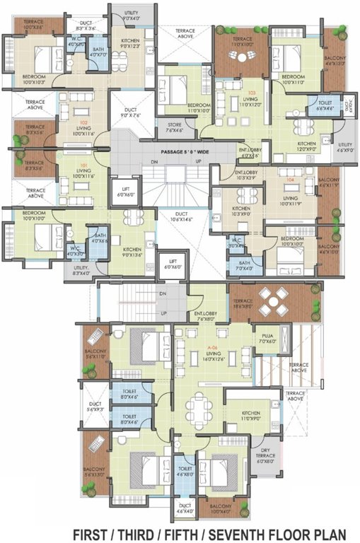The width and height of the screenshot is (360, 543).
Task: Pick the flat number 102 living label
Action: (x=83, y=127)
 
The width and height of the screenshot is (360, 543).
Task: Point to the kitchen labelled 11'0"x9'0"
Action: (x=252, y=415)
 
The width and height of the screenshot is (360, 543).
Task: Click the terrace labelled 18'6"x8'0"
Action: (x=245, y=304)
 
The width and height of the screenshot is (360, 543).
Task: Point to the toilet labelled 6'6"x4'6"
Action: (x=325, y=105)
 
